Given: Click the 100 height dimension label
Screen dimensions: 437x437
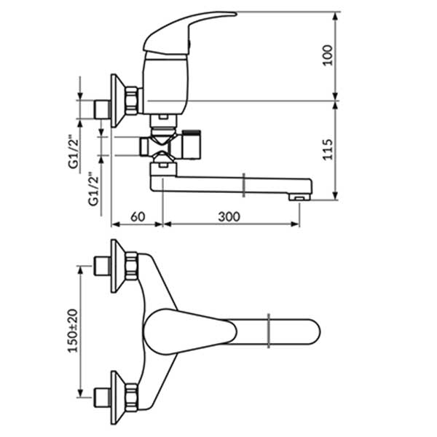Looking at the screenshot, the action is tap(328, 55).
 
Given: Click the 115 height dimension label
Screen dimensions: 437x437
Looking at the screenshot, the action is tap(328, 149).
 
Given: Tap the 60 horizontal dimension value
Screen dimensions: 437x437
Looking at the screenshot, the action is tap(138, 216).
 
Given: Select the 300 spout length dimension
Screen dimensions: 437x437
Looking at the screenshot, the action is tap(229, 216).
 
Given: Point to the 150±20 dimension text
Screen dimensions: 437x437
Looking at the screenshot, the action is tap(74, 331).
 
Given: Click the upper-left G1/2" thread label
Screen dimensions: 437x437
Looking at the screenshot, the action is tap(74, 152).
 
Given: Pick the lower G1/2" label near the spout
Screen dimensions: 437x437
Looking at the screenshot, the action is tap(94, 189).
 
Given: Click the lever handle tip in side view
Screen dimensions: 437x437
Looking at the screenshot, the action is tap(236, 13).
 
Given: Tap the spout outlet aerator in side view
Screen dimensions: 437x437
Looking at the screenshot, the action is tap(299, 197).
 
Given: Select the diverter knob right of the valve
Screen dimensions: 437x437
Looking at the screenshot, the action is tap(191, 144).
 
